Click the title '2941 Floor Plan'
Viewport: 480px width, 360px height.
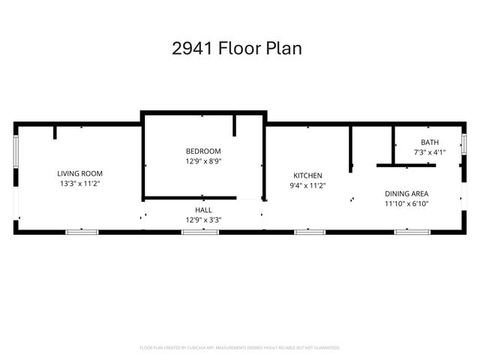(237, 49)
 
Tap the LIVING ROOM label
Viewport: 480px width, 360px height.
(80, 173)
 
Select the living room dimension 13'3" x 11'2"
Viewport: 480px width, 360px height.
(80, 183)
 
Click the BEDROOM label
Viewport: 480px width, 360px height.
(203, 151)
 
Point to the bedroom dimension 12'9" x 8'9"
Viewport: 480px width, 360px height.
(203, 160)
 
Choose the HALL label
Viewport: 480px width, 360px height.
(203, 210)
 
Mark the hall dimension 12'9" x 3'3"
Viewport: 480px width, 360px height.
(203, 220)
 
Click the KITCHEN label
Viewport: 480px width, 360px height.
(307, 175)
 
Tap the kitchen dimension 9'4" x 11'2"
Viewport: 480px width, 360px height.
(307, 185)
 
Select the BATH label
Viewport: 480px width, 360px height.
(430, 142)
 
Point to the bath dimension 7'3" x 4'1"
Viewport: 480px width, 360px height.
(430, 152)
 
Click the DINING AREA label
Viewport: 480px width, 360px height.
(406, 193)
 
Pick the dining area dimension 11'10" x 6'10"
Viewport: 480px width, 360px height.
(406, 202)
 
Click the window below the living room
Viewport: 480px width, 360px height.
(82, 232)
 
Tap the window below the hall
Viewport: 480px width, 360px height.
(194, 232)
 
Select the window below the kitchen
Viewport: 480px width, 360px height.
(310, 232)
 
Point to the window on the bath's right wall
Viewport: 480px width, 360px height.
(464, 144)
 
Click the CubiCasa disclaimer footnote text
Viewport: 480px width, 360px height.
(240, 348)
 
